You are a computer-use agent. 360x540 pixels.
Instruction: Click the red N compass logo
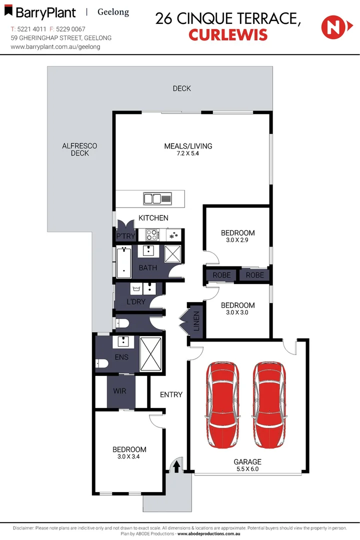331,27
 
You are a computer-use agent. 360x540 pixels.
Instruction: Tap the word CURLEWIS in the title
228,35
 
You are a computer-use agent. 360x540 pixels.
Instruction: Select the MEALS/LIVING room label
188,146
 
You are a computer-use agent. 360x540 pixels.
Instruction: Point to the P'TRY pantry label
123,236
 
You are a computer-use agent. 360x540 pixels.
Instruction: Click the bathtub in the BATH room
123,262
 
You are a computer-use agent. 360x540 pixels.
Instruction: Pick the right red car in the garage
270,405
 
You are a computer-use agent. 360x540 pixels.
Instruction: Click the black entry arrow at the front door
176,466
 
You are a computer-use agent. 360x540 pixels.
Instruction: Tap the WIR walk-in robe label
120,391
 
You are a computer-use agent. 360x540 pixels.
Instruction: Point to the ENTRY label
171,394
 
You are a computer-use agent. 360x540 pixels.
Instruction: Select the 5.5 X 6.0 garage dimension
247,469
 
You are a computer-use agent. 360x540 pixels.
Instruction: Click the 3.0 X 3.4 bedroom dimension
129,456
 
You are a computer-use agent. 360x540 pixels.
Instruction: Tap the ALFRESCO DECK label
79,149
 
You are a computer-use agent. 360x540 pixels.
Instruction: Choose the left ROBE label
221,275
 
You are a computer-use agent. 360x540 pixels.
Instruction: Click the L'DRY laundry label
135,302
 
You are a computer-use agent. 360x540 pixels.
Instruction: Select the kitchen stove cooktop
152,234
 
